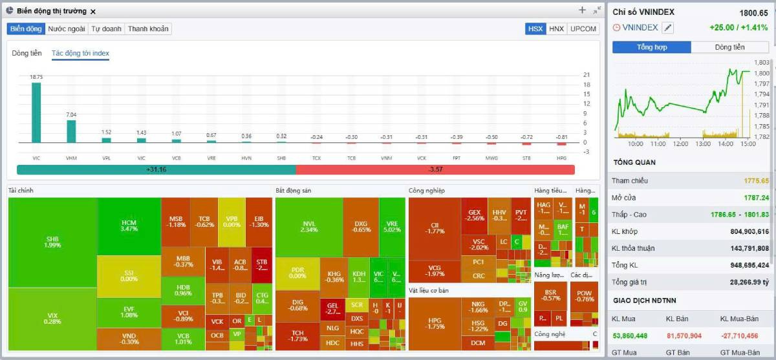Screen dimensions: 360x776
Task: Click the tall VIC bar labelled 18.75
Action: click(x=36, y=112)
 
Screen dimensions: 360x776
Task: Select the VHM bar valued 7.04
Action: click(x=71, y=131)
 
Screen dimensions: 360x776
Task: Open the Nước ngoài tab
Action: click(x=67, y=29)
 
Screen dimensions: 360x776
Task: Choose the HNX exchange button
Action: click(x=556, y=29)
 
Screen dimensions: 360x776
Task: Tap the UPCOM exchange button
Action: click(x=583, y=29)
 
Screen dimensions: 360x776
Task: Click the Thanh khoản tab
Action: click(x=148, y=29)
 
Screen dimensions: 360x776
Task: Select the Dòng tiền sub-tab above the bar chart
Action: click(x=27, y=54)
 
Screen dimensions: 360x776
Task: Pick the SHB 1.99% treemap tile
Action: click(x=53, y=241)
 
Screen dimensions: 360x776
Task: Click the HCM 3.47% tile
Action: click(x=129, y=226)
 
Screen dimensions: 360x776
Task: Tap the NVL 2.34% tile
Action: click(x=309, y=226)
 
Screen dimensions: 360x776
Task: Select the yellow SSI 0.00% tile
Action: click(x=129, y=276)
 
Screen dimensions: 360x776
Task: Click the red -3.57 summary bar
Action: click(x=435, y=169)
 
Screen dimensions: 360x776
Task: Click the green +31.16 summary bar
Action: click(x=156, y=169)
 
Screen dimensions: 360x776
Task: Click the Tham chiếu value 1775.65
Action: click(x=756, y=181)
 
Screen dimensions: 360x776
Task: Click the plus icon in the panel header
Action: click(x=582, y=10)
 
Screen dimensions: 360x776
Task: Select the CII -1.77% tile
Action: click(x=435, y=228)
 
